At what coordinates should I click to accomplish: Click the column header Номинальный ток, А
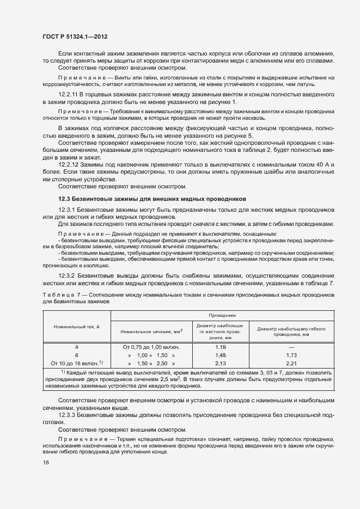76,326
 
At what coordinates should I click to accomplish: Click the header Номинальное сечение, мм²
151,331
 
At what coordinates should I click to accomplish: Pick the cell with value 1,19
220,347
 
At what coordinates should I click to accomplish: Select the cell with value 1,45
220,354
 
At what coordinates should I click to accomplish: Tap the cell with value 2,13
220,363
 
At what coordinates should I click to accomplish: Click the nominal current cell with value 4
76,347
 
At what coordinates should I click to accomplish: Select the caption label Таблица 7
61,295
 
